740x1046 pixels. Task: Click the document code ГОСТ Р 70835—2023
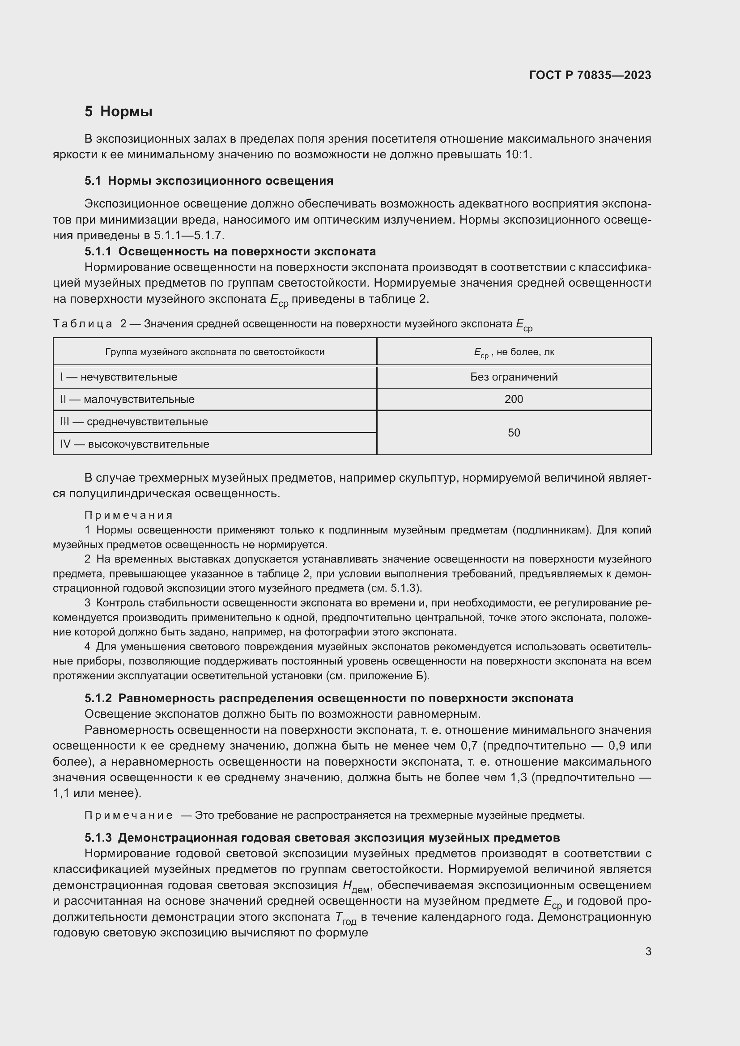(x=590, y=75)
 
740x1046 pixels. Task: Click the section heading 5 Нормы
(x=118, y=112)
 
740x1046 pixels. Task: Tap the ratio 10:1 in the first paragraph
(x=518, y=154)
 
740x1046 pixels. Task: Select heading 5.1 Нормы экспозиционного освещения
(x=208, y=181)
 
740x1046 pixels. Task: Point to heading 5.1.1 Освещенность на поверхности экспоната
(x=230, y=251)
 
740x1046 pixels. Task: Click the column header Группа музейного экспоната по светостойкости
(x=215, y=351)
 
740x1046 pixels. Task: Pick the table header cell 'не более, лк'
(x=514, y=352)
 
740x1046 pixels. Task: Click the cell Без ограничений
(x=514, y=377)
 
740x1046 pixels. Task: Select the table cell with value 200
(x=514, y=399)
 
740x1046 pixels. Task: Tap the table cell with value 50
(x=514, y=432)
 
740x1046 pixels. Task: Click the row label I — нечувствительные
(x=119, y=377)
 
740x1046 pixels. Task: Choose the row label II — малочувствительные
(x=127, y=399)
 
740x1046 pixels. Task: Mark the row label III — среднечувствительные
(x=134, y=421)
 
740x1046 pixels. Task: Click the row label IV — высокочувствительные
(x=134, y=444)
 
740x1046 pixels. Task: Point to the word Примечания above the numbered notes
(x=128, y=515)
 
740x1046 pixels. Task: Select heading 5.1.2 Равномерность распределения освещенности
(x=328, y=698)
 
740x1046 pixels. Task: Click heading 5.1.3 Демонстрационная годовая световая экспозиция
(x=322, y=837)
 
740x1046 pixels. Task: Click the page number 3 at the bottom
(x=647, y=951)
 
